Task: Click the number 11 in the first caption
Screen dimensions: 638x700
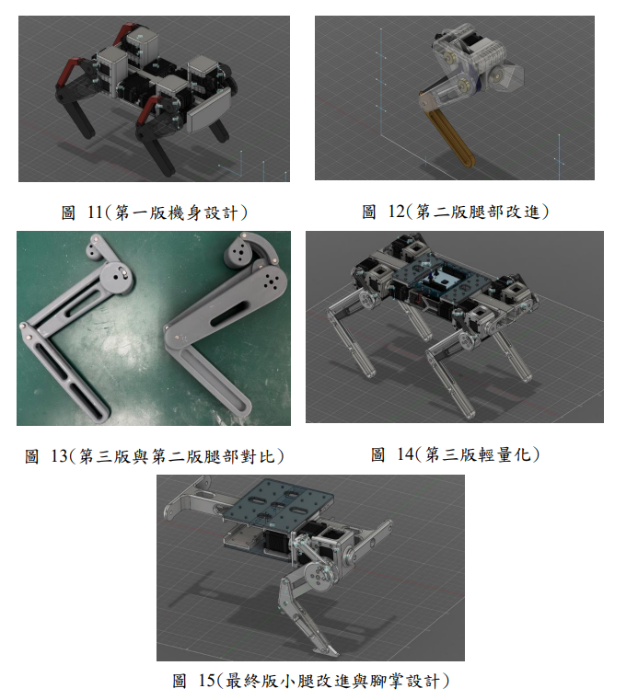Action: coord(95,212)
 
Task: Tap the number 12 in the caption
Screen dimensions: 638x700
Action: coord(396,212)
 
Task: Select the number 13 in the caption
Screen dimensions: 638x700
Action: coord(59,456)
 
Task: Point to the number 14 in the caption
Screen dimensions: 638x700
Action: coord(405,454)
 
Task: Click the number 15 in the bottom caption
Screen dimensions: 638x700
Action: coord(206,681)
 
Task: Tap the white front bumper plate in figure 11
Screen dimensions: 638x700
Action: coord(209,110)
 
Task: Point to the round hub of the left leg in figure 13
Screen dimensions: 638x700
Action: coord(118,277)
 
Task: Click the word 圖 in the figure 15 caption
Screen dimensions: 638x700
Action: coord(180,682)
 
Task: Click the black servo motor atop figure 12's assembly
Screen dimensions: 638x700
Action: coord(472,41)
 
